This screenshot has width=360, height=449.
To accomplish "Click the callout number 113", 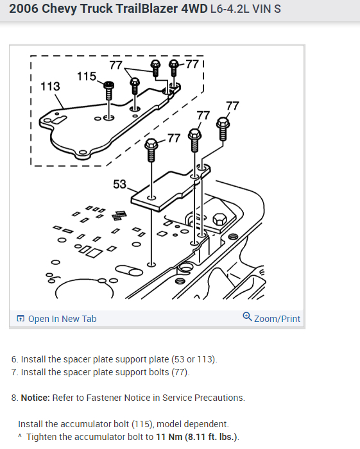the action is [50, 86].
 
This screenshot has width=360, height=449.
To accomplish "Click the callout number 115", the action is [87, 76].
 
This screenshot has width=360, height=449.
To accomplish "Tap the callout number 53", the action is [119, 184].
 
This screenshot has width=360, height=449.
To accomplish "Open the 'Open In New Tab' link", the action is [62, 319].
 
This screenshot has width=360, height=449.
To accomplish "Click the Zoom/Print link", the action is [277, 319].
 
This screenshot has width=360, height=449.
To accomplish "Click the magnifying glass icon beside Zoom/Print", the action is [247, 317].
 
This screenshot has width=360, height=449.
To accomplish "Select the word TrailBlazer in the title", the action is [129, 9].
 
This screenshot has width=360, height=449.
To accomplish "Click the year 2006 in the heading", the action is [24, 9].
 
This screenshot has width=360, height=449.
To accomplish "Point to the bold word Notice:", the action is [35, 398].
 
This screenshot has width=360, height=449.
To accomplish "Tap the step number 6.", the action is [14, 359].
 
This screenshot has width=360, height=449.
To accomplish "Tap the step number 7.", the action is [14, 372].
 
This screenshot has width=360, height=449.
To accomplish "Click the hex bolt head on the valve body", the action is [219, 219].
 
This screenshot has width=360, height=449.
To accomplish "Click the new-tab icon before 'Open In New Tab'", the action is [21, 318].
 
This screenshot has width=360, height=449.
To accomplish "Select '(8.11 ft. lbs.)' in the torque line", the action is [211, 437].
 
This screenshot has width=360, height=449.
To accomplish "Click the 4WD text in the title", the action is [194, 9].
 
